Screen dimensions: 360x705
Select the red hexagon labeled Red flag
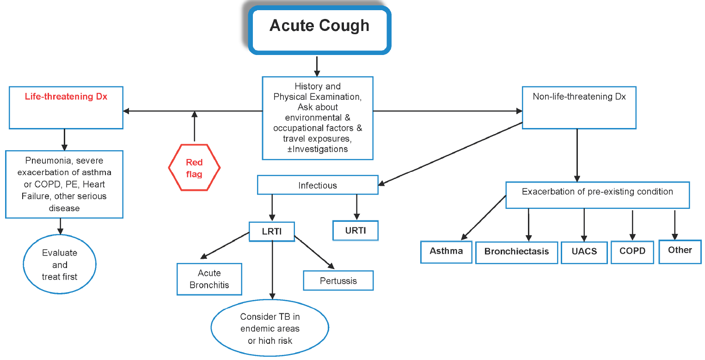(194, 168)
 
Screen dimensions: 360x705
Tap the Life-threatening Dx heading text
(66, 97)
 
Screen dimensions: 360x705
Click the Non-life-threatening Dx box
(579, 107)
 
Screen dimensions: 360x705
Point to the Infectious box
(318, 186)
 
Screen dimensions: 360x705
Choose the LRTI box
(272, 232)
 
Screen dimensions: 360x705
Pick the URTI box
(356, 231)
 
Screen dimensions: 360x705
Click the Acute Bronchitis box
(209, 279)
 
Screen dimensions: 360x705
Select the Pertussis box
(338, 281)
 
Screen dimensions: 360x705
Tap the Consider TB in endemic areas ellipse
(270, 329)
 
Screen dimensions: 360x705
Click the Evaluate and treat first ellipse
(60, 265)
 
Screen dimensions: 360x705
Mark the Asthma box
(446, 251)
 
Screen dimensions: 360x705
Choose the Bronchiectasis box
(516, 252)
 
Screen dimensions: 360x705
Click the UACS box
(584, 252)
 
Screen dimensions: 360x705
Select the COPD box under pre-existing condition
(632, 252)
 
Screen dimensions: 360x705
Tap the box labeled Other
(680, 250)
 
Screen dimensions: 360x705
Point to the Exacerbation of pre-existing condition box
(597, 195)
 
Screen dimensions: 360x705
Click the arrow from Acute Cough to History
(317, 66)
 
